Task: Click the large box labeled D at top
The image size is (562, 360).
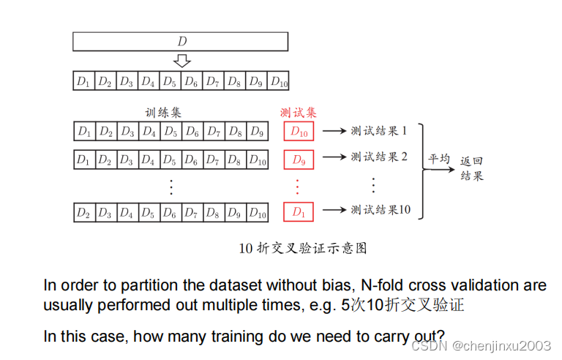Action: [181, 41]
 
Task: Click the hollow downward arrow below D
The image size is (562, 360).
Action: [182, 61]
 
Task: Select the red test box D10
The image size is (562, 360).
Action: [299, 132]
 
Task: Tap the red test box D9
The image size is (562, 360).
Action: [299, 160]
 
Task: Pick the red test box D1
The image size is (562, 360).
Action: [299, 212]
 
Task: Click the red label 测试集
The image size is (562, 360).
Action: [299, 113]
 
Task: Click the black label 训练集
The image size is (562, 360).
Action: [163, 113]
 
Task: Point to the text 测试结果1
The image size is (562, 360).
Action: [378, 131]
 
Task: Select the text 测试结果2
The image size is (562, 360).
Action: [378, 157]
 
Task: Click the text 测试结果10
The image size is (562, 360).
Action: [381, 210]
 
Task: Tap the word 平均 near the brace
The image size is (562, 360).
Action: [440, 158]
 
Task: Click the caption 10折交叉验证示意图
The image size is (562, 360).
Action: [302, 248]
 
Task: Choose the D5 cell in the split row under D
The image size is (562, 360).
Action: [171, 81]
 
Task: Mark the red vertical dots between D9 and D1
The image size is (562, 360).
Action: [298, 185]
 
